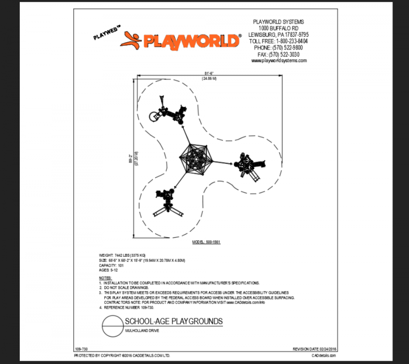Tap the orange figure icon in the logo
(130, 40)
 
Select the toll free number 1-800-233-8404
(278, 41)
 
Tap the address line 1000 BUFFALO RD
(278, 28)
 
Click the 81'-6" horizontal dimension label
(209, 73)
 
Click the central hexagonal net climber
(194, 160)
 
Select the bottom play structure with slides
(166, 202)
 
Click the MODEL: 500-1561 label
(206, 242)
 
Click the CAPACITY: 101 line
(111, 265)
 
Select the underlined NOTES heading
(105, 278)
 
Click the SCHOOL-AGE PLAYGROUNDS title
(173, 322)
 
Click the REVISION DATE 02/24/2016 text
(315, 349)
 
